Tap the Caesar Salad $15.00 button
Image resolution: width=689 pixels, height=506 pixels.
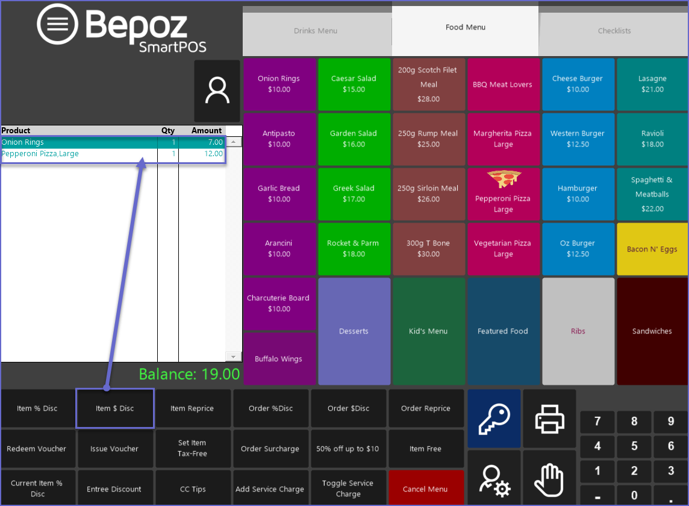click(354, 84)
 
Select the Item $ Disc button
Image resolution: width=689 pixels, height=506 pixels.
click(115, 408)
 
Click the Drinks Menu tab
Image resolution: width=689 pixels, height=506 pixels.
click(316, 31)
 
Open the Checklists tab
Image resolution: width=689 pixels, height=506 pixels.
click(614, 31)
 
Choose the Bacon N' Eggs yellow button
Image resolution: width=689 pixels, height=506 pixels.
click(652, 249)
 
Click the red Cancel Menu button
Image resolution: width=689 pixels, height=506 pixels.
click(425, 489)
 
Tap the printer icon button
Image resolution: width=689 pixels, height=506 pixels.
click(549, 418)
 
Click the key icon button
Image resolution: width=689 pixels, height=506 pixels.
click(494, 418)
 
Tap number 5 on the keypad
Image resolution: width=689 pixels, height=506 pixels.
click(634, 446)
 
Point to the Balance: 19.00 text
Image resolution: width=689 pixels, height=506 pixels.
click(189, 375)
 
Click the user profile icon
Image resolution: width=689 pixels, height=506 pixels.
click(217, 91)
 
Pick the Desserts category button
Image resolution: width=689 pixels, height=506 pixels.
click(354, 331)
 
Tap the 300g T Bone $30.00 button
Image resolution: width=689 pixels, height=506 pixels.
click(428, 248)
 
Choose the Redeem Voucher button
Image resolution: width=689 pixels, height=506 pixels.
click(37, 449)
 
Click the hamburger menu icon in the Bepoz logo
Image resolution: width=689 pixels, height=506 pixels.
click(57, 24)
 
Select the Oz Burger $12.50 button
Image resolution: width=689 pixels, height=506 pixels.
click(578, 248)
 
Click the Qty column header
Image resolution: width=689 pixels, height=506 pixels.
click(167, 130)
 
